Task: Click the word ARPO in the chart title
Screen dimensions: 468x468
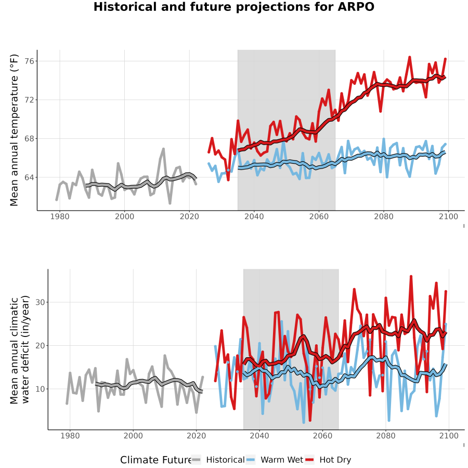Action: click(x=356, y=7)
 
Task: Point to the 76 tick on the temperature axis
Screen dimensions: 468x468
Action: click(x=30, y=61)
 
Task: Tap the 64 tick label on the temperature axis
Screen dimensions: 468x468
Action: click(x=30, y=178)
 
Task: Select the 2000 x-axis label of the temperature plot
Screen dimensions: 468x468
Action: click(x=124, y=216)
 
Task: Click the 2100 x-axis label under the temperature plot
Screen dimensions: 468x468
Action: click(x=448, y=216)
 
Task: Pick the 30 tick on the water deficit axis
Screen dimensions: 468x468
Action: click(x=41, y=302)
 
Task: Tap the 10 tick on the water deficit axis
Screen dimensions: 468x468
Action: click(x=41, y=389)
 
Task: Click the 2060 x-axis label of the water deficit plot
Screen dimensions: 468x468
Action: click(x=322, y=436)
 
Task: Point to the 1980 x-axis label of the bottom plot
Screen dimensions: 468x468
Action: click(x=70, y=436)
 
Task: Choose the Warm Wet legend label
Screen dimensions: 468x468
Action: click(x=282, y=460)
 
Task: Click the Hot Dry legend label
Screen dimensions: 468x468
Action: click(x=335, y=460)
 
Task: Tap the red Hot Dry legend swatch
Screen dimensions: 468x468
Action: click(x=309, y=460)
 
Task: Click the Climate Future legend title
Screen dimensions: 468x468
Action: click(x=156, y=460)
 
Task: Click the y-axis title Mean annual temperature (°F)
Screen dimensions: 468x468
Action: click(x=14, y=130)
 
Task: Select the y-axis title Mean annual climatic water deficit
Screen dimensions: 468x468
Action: click(x=19, y=349)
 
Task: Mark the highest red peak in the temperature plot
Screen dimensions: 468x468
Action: click(x=410, y=57)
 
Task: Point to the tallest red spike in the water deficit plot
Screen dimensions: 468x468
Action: click(x=411, y=277)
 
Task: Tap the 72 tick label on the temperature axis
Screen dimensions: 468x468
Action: click(x=30, y=100)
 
